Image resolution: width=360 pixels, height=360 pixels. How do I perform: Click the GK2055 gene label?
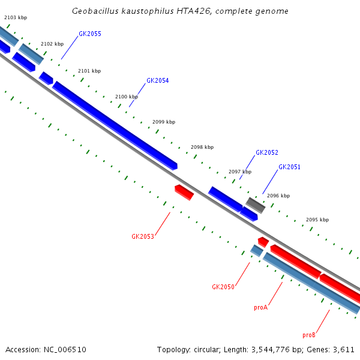[x=89, y=34]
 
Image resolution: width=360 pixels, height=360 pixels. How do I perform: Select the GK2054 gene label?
[x=157, y=80]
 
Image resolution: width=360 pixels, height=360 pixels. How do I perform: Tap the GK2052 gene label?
[x=267, y=153]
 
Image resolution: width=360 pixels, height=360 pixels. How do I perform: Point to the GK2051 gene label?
[x=289, y=167]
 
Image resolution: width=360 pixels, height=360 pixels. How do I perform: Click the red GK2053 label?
[x=143, y=236]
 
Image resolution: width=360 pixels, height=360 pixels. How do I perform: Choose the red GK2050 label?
[x=223, y=287]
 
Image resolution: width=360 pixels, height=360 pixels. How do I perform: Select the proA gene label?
[x=260, y=307]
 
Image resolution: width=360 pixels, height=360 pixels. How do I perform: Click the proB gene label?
[x=309, y=335]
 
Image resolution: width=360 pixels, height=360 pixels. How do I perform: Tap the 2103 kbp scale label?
[x=16, y=18]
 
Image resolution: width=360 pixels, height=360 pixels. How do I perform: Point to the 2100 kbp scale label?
[x=127, y=97]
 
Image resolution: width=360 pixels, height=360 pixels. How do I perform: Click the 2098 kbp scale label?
[x=202, y=147]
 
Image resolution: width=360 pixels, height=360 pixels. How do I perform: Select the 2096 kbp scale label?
[x=278, y=196]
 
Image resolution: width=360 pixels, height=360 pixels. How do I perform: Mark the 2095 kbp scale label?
[x=317, y=220]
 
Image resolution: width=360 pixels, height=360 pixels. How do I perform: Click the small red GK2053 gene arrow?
[x=184, y=192]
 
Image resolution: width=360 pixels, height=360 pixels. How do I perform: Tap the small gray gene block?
[x=256, y=205]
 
